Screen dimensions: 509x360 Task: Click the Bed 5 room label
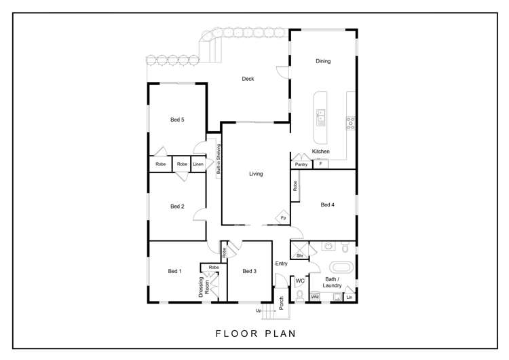pos(177,120)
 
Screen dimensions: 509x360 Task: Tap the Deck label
pos(248,79)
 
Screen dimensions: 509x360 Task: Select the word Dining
pos(323,61)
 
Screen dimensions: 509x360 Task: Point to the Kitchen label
pos(321,151)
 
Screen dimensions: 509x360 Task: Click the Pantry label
pos(301,164)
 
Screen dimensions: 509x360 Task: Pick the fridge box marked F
pos(321,164)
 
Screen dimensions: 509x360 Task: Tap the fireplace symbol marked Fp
pos(283,217)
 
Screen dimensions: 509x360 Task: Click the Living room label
pos(256,174)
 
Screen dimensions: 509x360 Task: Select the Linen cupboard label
pos(198,164)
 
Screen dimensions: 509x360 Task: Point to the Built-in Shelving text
pos(219,159)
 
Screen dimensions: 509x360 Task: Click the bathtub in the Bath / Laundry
pos(341,268)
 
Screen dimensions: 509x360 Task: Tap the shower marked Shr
pos(299,250)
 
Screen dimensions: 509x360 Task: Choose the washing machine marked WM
pos(315,297)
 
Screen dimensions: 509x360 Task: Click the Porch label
pos(281,303)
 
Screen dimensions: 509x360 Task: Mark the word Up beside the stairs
pos(259,310)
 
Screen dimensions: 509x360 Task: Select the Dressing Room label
pos(204,287)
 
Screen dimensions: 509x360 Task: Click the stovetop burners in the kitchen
pos(351,123)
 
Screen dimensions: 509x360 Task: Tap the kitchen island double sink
pos(321,118)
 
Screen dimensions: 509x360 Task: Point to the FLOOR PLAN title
pos(256,334)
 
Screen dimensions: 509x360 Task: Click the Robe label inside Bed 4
pos(295,186)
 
